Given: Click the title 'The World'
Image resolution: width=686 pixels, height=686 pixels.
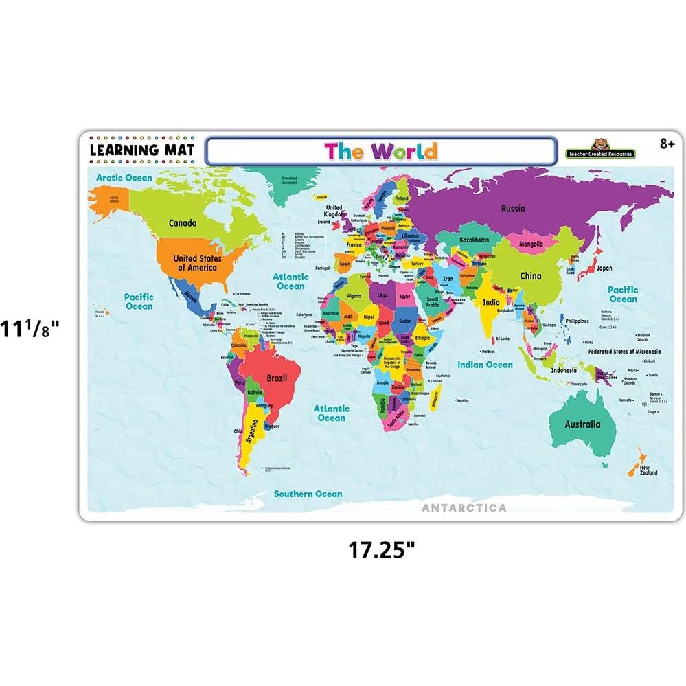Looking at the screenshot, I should pos(380,150).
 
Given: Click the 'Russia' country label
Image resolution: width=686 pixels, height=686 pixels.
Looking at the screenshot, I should pos(513,209).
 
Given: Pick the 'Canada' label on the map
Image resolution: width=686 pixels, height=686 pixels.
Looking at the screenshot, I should pos(183,222).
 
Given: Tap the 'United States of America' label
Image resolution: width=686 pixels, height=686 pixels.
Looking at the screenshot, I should pos(197,262).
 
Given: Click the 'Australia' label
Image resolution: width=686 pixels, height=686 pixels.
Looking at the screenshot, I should pos(582,424).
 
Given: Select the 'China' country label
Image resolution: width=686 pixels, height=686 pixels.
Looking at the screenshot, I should pos(530,276).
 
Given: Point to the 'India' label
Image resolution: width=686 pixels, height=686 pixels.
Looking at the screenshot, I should pos(491,302).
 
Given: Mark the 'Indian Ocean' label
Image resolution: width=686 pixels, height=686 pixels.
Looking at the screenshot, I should pos(485,365).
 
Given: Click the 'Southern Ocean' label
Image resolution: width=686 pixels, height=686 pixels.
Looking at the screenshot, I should pos(308,494).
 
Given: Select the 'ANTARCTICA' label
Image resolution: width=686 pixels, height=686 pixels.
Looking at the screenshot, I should pos(465,508).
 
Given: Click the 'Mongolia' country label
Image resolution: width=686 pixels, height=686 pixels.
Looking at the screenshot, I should pos(531,243).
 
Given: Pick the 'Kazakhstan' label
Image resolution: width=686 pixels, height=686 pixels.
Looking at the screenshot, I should pos(475,240).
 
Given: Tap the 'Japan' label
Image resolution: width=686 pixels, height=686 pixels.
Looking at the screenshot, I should pos(604,268).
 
